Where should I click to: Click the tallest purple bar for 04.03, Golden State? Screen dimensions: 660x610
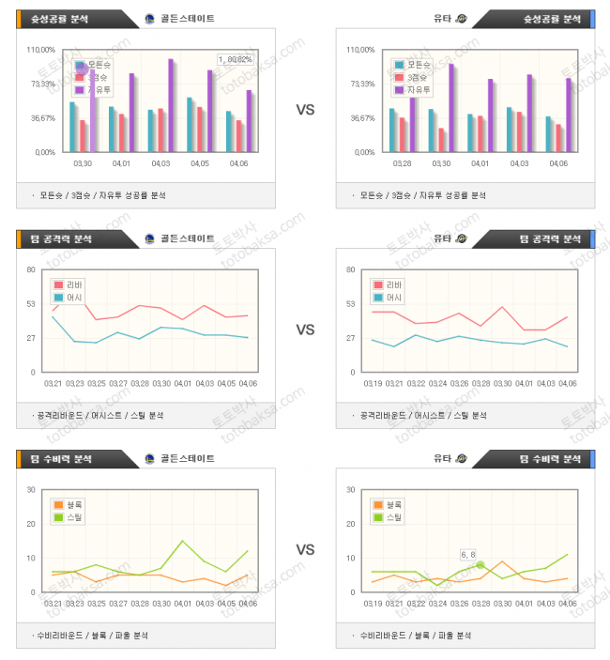click(x=170, y=103)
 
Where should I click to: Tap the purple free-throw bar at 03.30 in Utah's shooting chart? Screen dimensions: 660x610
click(x=451, y=106)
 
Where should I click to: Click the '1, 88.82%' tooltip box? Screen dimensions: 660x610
click(x=236, y=59)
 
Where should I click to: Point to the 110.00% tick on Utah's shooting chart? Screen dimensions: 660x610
click(x=361, y=50)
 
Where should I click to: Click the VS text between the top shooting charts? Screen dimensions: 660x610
click(x=305, y=110)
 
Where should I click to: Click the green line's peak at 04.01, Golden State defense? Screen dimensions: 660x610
click(x=183, y=541)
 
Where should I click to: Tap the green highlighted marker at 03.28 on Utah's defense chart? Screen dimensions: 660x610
click(x=480, y=564)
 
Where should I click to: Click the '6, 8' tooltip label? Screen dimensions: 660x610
click(x=467, y=554)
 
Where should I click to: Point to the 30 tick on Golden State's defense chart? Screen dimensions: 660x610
click(x=31, y=489)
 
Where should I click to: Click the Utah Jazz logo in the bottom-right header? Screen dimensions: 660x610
click(x=461, y=458)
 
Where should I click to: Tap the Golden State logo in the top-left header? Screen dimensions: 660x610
click(x=150, y=19)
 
